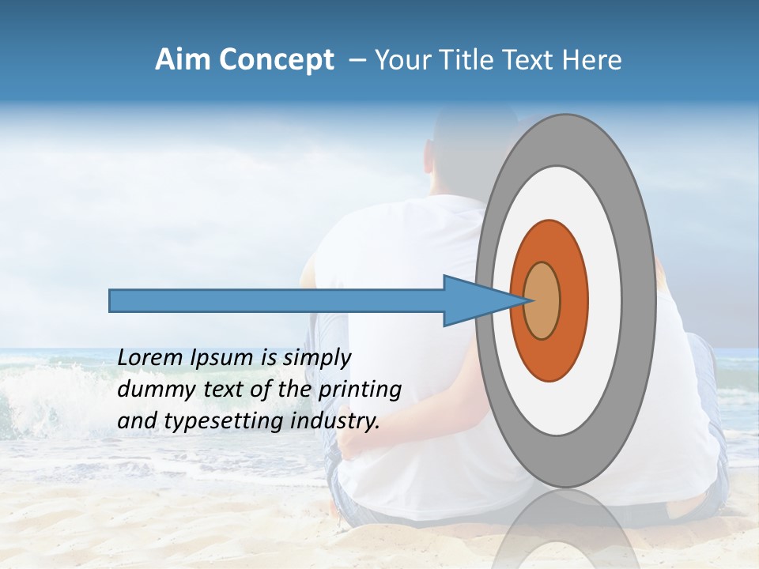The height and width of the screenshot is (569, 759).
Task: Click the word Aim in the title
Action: [x=183, y=60]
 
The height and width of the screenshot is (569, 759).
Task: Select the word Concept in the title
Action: [x=275, y=60]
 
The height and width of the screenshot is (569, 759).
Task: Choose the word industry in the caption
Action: [x=335, y=421]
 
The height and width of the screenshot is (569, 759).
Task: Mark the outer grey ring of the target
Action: [x=642, y=300]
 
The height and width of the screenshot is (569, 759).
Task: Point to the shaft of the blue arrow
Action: [x=277, y=300]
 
